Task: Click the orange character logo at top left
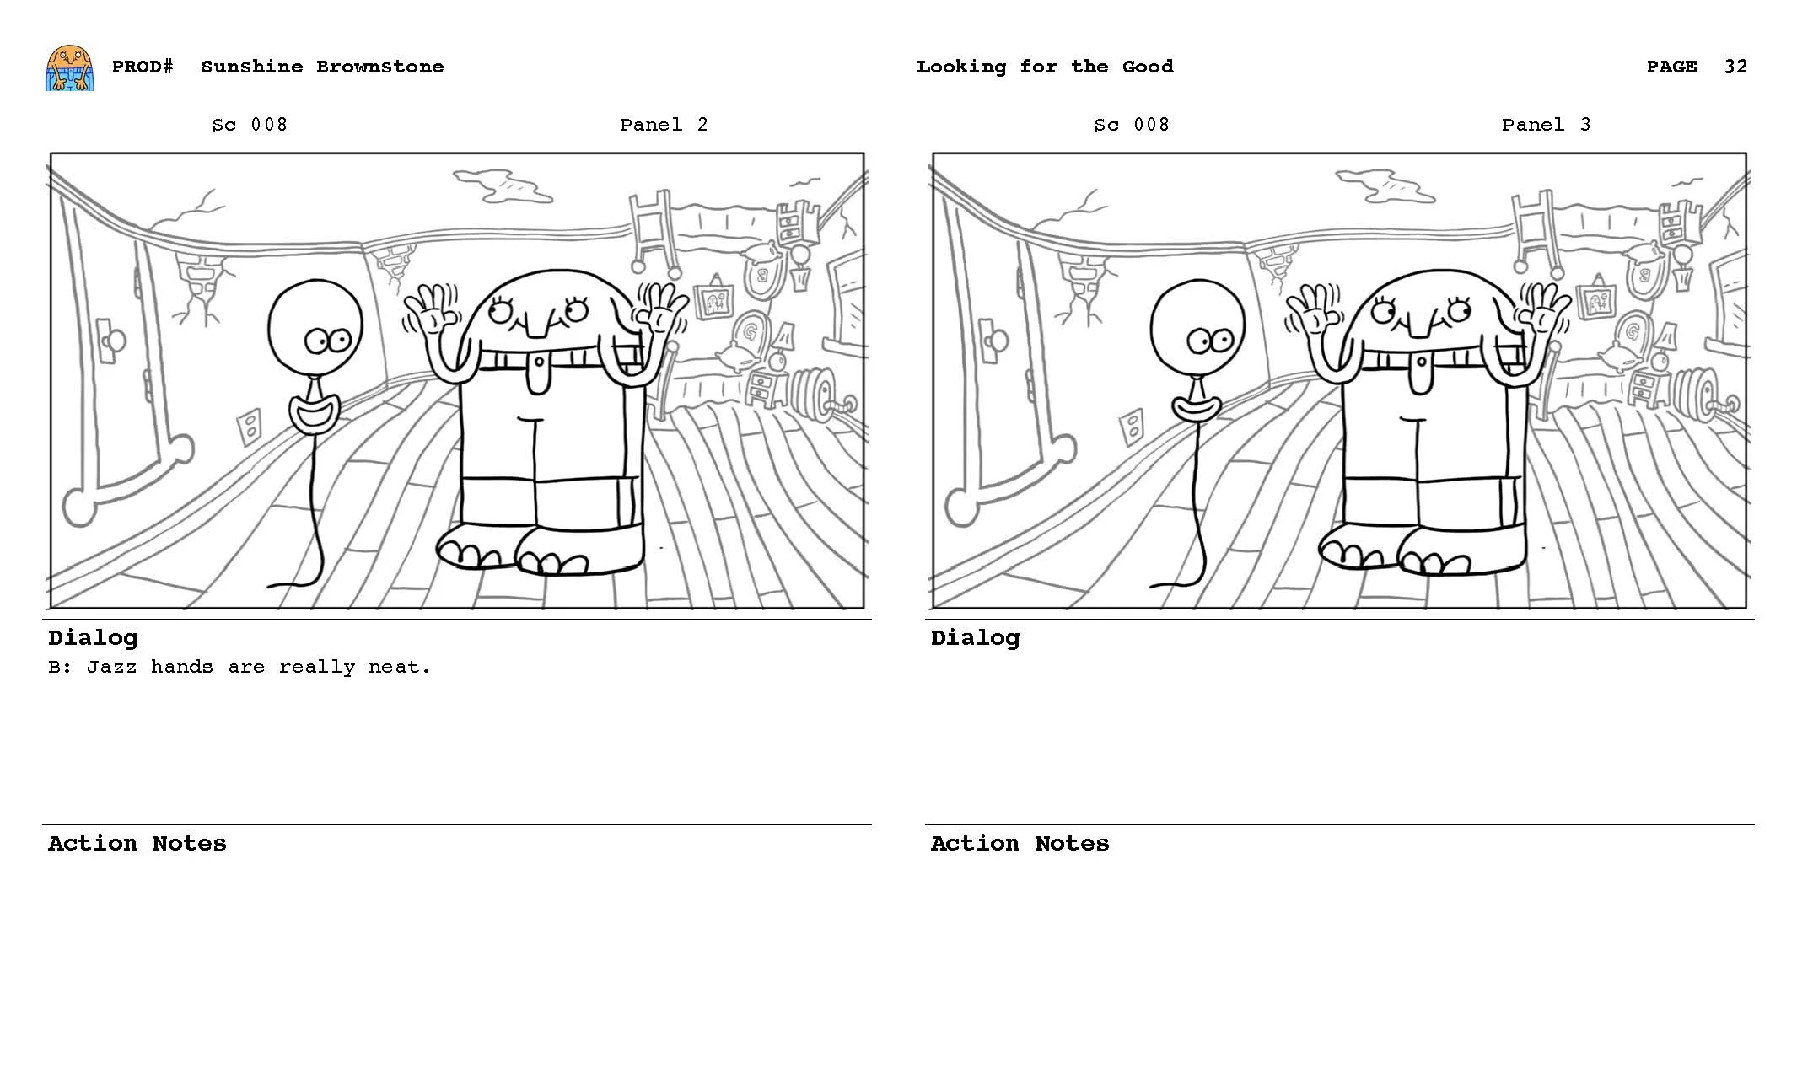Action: [x=69, y=68]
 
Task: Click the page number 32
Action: [x=1735, y=67]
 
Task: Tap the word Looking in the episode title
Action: [x=960, y=67]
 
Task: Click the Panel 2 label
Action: [x=663, y=125]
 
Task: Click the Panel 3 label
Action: [x=1545, y=125]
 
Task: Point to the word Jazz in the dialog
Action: [x=111, y=667]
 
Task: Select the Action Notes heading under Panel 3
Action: [x=1019, y=843]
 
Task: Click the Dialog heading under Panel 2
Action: [x=93, y=637]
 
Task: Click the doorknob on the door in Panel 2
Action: [x=113, y=341]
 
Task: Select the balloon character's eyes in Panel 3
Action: [x=1208, y=341]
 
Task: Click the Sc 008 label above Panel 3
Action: [x=1131, y=125]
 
